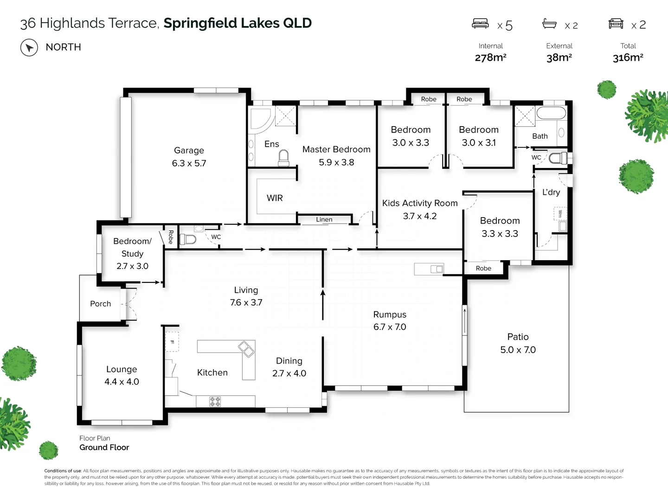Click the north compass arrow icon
29,47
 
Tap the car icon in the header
616,24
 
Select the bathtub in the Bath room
551,114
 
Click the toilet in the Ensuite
283,158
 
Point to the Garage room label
189,150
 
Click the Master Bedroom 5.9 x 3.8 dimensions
336,162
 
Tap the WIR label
275,198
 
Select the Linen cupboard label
324,219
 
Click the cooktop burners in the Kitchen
215,401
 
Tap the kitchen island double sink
246,349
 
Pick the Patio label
518,337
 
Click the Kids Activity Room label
420,203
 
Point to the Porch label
100,304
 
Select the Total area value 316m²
628,58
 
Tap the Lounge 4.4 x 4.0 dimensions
122,382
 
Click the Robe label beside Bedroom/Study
171,237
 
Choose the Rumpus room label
390,315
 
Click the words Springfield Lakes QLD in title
238,23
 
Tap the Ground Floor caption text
104,447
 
